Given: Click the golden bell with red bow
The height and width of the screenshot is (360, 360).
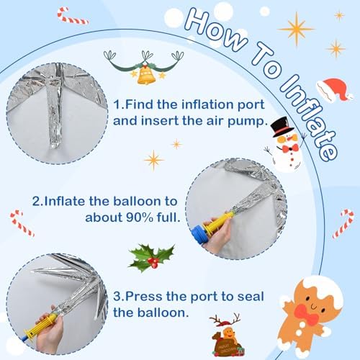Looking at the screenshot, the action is pos(145,74).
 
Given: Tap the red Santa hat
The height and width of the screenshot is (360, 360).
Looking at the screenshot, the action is pos(335,89).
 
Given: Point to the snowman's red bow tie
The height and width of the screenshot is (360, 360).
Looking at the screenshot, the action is pos(290,148).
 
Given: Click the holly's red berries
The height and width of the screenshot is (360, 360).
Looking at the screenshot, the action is pos(153,262).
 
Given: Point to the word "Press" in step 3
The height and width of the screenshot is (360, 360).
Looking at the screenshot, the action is pos(144,296).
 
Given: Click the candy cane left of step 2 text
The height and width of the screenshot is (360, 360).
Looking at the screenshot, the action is pos(22,223).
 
